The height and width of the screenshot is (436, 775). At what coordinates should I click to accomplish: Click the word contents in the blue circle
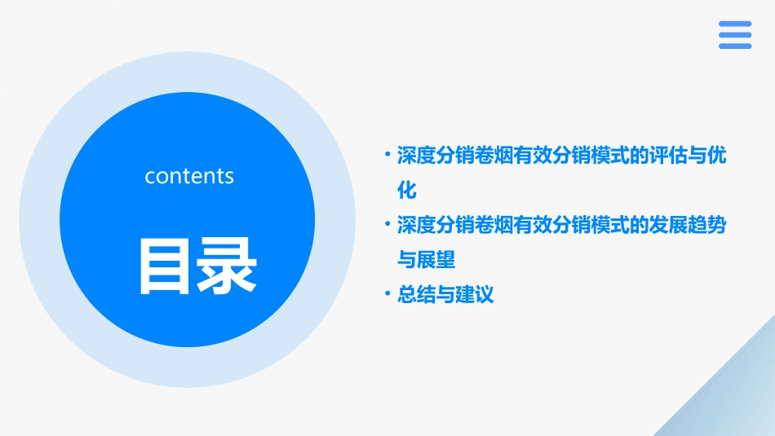(189, 176)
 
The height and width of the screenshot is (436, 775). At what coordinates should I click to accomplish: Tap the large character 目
(166, 266)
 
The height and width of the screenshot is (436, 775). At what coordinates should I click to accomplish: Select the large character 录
(226, 266)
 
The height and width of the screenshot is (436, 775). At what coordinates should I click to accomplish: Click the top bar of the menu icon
(735, 24)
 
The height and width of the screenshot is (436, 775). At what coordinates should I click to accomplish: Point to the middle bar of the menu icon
(735, 35)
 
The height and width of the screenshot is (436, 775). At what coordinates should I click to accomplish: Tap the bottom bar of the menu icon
(735, 46)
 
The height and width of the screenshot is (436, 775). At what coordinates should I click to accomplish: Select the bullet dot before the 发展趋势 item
(387, 224)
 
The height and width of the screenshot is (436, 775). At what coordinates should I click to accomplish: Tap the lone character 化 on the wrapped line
(406, 191)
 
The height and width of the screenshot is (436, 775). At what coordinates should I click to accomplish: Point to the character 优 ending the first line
(715, 156)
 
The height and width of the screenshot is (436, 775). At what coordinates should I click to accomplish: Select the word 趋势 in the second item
(706, 225)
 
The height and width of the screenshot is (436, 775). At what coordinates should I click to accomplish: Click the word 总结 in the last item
(416, 294)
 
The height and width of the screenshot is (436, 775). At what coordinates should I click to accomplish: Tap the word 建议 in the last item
(475, 294)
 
